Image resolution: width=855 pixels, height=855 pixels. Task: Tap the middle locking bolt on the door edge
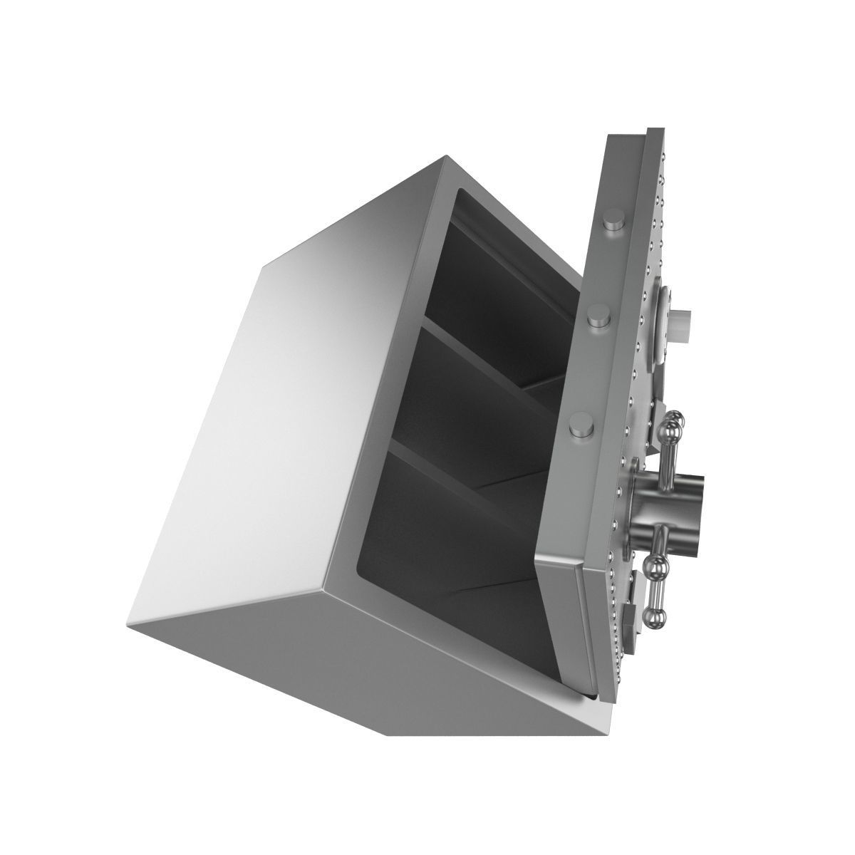pos(597,317)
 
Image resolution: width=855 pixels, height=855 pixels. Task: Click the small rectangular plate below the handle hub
pos(631,613)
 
